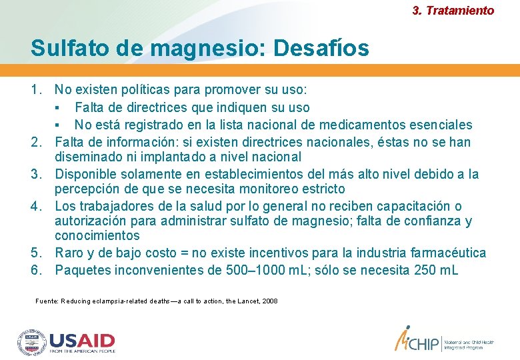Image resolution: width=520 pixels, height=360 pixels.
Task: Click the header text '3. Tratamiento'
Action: (x=453, y=11)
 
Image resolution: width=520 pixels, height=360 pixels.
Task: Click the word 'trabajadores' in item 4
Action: (x=111, y=206)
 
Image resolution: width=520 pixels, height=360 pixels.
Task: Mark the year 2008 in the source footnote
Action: (x=270, y=301)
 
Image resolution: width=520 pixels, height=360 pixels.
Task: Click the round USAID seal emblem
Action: (x=32, y=342)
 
